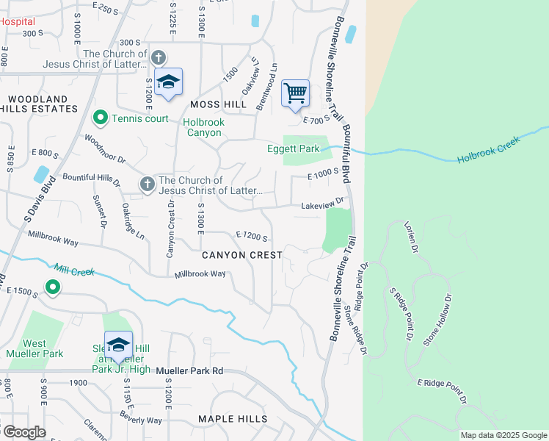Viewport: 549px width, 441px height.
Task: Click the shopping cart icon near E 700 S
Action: tap(295, 93)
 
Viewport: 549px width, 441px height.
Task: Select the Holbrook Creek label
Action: tap(487, 149)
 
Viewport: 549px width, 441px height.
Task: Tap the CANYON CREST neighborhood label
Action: tap(241, 255)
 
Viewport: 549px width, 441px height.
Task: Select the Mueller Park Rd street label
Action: tap(189, 372)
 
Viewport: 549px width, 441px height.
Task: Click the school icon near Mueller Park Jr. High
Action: tap(117, 344)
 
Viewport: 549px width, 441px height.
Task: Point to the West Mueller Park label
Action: tap(34, 348)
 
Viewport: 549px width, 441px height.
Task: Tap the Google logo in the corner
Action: tap(23, 432)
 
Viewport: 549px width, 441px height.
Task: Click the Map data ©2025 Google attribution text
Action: tap(503, 435)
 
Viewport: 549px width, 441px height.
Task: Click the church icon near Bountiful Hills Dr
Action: tap(148, 184)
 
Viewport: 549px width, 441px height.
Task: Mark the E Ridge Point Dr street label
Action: tap(443, 392)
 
